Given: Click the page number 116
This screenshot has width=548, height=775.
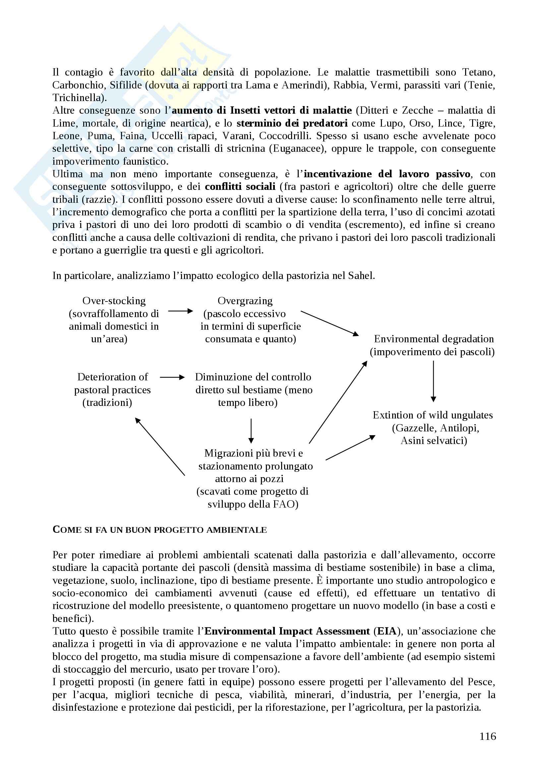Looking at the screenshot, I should (x=488, y=736).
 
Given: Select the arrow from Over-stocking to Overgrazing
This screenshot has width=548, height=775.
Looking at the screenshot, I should (x=180, y=311).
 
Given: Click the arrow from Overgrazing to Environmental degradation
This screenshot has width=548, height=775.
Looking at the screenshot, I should (x=329, y=323).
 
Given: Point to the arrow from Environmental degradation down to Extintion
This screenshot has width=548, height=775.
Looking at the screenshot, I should (x=433, y=381).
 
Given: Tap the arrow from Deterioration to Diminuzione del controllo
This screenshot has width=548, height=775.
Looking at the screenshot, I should (x=172, y=377).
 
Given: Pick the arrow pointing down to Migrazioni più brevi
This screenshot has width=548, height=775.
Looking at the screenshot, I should (x=251, y=431).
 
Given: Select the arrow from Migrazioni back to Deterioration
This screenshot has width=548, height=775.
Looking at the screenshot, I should (x=160, y=446).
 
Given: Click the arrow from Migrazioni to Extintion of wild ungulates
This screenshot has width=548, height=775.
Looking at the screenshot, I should (x=350, y=448).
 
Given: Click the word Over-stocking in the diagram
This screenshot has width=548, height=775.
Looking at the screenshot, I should (x=114, y=301).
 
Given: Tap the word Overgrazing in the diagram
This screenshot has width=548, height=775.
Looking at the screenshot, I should (x=245, y=301).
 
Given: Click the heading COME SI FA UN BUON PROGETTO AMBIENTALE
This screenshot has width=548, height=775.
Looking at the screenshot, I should (x=160, y=529).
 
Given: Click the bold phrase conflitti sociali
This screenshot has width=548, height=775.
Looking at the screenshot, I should (x=240, y=187).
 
